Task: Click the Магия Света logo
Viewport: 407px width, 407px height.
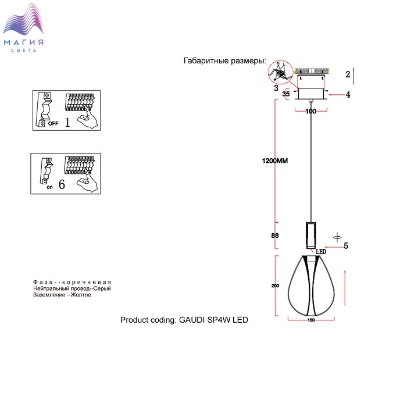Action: coord(23,28)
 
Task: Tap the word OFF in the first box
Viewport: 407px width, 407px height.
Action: coord(53,123)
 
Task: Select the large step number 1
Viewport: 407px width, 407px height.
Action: coord(67,122)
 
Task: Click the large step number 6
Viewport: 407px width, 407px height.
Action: coord(62,184)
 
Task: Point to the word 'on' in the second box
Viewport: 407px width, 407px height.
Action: coord(49,187)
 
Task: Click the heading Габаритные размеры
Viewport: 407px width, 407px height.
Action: coord(225,60)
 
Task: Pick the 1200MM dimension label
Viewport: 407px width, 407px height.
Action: coord(275,160)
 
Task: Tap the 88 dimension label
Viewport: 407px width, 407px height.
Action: coord(275,235)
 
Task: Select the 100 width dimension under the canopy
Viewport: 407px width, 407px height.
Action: coord(310,112)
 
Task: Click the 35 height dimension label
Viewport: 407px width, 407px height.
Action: coord(286,94)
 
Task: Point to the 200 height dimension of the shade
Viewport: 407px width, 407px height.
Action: coord(275,286)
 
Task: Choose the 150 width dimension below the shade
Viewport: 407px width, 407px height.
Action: coord(311,320)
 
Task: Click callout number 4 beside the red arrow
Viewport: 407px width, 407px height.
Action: coord(348,94)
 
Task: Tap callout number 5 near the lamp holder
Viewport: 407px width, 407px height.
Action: coord(346,245)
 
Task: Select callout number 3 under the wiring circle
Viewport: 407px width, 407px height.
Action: coord(276,88)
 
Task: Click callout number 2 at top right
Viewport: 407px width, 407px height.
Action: coord(348,74)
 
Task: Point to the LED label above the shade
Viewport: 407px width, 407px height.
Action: coord(321,252)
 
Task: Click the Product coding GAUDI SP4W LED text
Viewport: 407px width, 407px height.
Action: coord(184,320)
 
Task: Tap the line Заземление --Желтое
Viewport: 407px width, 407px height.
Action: coord(62,295)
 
